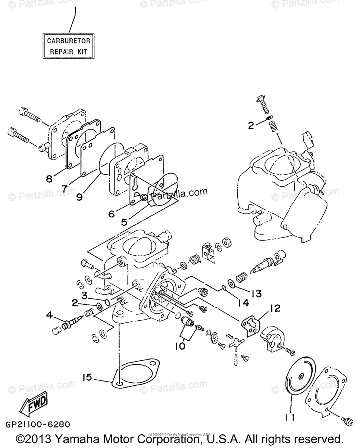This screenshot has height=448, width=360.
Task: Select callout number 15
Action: click(87, 377)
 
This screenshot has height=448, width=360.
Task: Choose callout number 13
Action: click(256, 293)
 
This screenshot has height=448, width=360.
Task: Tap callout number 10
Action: click(180, 346)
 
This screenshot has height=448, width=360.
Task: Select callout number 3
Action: click(85, 296)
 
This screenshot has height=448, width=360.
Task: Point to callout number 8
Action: click(49, 178)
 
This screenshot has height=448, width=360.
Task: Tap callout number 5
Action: click(124, 222)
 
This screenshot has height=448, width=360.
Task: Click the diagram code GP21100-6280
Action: click(38, 424)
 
